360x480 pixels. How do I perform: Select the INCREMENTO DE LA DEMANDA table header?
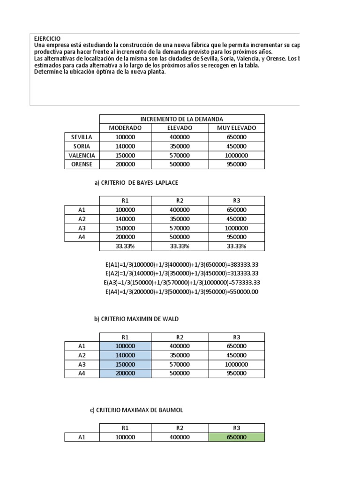pos(182,119)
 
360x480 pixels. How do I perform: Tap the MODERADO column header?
pos(125,128)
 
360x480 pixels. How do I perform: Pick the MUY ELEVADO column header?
pos(236,128)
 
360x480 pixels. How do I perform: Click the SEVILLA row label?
pos(82,137)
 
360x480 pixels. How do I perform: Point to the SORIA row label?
pos(82,146)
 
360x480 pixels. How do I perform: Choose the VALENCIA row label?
pos(82,155)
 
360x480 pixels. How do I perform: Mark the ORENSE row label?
pos(82,165)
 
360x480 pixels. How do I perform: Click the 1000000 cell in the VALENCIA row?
pos(236,155)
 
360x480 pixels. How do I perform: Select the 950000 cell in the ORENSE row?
pos(236,165)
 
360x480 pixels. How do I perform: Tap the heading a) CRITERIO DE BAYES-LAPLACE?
pos(137,183)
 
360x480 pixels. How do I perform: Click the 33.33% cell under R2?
pos(180,246)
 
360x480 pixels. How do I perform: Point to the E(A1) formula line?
pos(182,264)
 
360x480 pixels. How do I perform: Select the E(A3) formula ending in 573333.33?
pos(182,283)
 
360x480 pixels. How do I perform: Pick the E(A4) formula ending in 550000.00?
pos(182,292)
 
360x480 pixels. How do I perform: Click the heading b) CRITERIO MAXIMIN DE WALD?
pos(136,319)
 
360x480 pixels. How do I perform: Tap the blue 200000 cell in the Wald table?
pos(125,374)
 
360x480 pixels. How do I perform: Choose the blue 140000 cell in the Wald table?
pos(125,355)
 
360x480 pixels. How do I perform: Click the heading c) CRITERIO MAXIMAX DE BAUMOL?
pos(136,410)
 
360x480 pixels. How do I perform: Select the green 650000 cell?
pos(236,437)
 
